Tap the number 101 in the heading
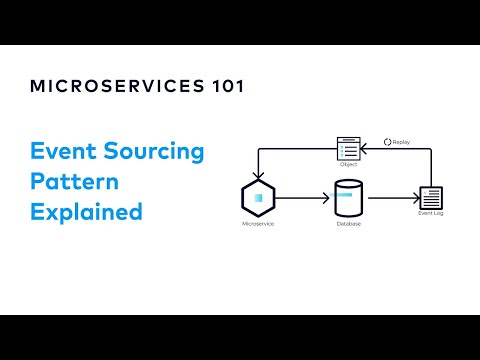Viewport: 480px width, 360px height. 223,86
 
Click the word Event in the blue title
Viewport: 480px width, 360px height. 62,153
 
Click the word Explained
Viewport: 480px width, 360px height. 87,213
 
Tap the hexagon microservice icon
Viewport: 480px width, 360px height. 258,198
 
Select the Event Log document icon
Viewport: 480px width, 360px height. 430,197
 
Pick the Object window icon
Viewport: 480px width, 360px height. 347,147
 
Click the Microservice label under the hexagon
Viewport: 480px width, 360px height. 258,224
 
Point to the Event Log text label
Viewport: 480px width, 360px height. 430,214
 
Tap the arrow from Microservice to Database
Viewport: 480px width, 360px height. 300,198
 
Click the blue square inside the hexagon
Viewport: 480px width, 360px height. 258,198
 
